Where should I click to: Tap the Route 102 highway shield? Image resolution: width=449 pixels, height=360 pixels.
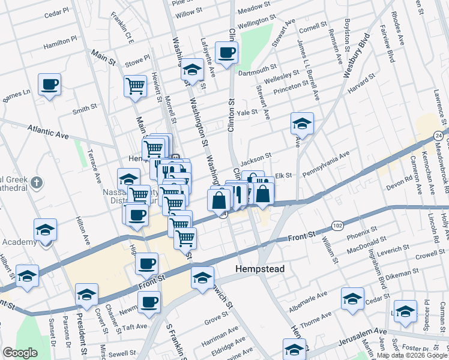[x=337, y=226]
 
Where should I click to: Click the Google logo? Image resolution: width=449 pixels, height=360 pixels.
[x=20, y=352]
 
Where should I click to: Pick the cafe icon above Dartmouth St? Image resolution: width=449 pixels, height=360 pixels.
[x=227, y=53]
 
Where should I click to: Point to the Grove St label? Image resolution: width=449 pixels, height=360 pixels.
[x=217, y=322]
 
